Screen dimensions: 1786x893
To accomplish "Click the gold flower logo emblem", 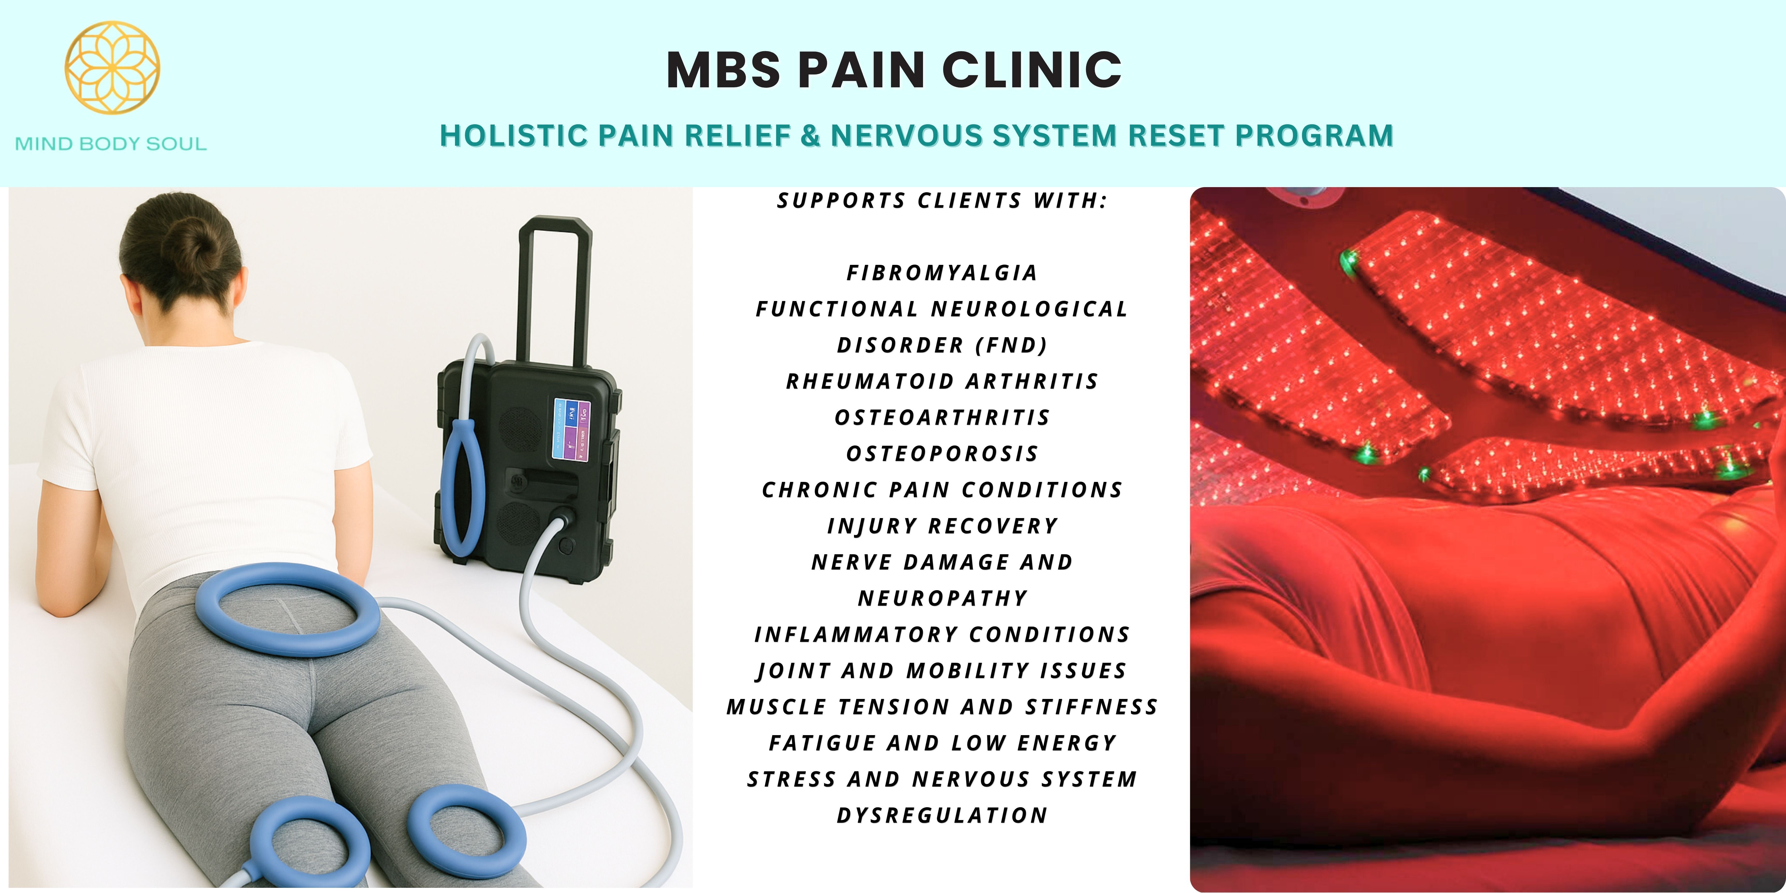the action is tap(112, 67).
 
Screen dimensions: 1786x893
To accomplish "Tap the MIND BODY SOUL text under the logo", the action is tap(111, 144).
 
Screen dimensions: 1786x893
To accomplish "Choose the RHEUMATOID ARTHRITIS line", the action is tap(942, 381).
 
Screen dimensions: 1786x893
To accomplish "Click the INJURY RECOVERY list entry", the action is tap(942, 526).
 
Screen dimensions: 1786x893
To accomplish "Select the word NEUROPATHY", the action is tap(942, 598).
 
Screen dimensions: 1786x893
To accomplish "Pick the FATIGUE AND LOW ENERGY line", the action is tap(942, 743).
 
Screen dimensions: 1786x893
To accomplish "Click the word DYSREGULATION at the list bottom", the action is tap(942, 815).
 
